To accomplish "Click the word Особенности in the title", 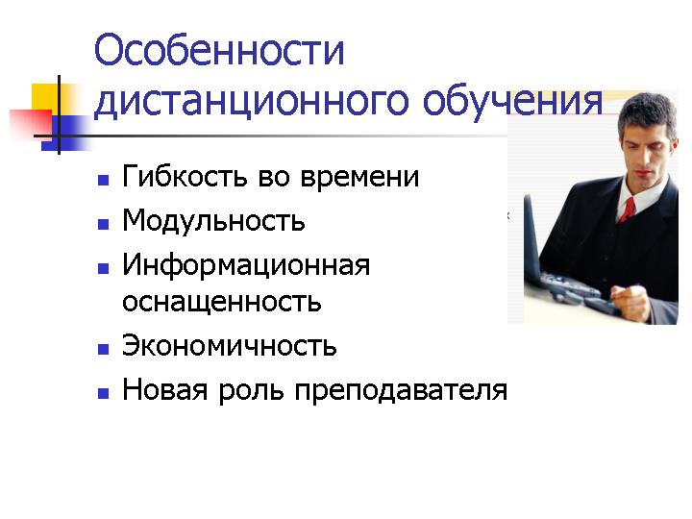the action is click(219, 50).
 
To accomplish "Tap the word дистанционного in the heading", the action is click(252, 103).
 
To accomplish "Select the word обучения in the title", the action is click(513, 103).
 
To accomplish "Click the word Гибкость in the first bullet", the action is click(185, 176).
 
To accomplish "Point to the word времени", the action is click(359, 178).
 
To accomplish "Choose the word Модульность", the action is click(213, 220).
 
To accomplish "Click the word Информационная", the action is click(246, 265).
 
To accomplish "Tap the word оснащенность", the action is click(222, 302).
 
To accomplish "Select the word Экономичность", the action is click(230, 346).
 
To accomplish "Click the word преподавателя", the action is click(401, 391).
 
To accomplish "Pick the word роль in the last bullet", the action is click(251, 391).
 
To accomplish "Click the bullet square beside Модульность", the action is click(103, 225).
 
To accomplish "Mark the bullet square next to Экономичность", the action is click(103, 350).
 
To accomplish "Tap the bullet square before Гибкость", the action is click(103, 180).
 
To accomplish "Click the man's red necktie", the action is click(627, 210).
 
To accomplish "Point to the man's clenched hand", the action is click(630, 301).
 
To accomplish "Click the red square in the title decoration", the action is click(31, 124).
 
